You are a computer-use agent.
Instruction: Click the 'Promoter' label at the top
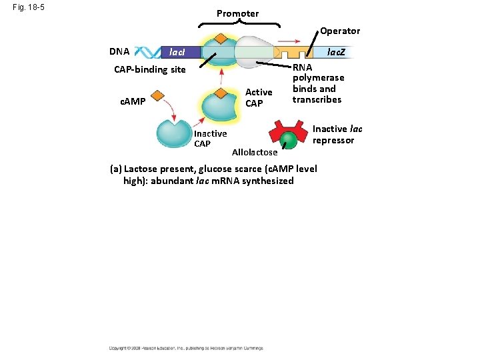coord(237,13)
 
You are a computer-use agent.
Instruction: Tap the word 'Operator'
coord(339,31)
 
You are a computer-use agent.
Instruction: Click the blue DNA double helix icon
coord(149,52)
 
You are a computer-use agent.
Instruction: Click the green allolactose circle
coord(287,140)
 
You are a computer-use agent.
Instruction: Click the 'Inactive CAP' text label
coord(210,139)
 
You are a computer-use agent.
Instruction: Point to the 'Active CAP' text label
coord(259,97)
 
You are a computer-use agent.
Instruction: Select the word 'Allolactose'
coord(254,153)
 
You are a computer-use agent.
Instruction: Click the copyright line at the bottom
coord(187,347)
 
